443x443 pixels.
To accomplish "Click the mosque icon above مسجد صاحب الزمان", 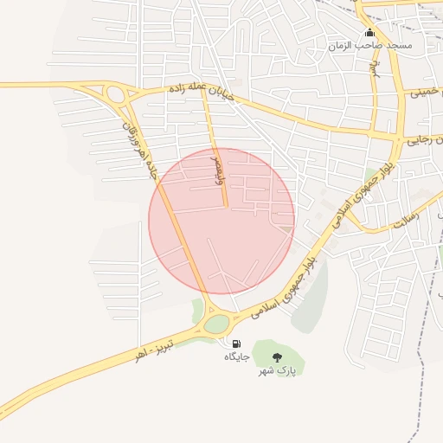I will coord(370,33).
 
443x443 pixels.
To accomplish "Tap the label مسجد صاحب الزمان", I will coord(370,44).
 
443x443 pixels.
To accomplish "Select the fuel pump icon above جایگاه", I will coord(236,344).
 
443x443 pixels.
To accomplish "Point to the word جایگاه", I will coord(236,356).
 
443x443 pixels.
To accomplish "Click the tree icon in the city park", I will coord(277,357).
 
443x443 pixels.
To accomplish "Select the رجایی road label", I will coord(427,140).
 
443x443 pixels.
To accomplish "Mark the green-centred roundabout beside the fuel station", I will coord(217,324).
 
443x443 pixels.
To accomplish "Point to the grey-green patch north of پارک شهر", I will coord(310,299).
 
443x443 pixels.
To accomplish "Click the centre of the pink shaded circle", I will coord(221,221).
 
